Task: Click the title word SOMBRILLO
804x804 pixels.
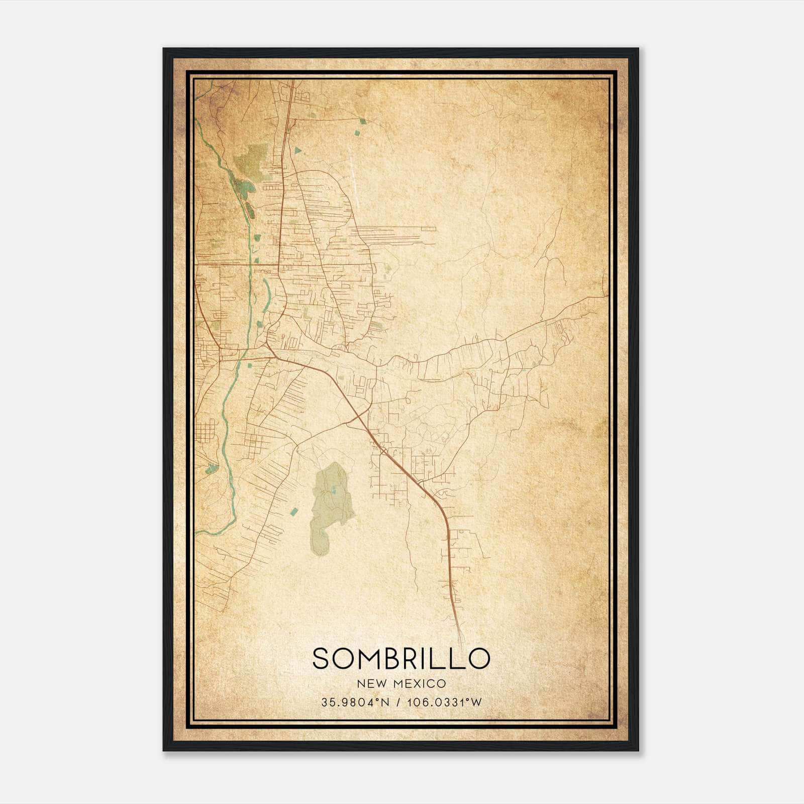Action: (x=401, y=659)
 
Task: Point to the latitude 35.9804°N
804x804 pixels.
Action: (x=356, y=702)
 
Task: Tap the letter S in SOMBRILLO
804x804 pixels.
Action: (x=322, y=659)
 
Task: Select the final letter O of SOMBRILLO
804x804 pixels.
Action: (x=478, y=659)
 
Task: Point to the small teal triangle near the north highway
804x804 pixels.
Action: (x=298, y=150)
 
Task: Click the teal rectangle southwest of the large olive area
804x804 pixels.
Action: (x=293, y=511)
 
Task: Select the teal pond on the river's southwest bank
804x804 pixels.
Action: (x=211, y=469)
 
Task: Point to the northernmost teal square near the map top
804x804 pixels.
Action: (x=362, y=121)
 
